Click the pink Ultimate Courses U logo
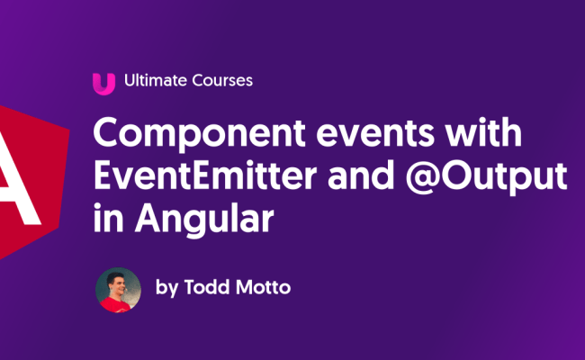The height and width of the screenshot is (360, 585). point(103,82)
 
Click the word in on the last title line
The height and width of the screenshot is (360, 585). point(106,219)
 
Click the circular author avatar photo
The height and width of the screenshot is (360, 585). point(118,290)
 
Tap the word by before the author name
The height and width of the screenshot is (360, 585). point(167,290)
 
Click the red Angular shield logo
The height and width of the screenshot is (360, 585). point(27,180)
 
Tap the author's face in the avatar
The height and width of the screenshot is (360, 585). point(117,283)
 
